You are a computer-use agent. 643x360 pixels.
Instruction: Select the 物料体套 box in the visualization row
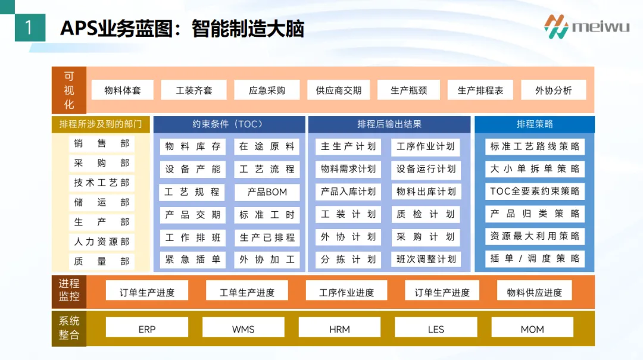(122, 90)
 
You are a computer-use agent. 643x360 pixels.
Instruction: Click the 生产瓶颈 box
(408, 90)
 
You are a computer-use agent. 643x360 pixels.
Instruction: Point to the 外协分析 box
(553, 90)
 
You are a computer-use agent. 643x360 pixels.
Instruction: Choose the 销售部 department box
(101, 143)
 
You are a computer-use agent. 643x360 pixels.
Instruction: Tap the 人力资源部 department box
(101, 242)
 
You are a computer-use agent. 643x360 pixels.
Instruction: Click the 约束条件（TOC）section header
(227, 124)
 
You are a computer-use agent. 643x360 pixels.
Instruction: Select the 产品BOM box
(267, 192)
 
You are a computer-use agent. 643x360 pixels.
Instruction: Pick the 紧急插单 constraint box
(192, 260)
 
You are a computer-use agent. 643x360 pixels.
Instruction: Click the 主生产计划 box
(348, 146)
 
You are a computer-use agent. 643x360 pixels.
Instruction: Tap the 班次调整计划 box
(426, 259)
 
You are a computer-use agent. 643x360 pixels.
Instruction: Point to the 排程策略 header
(534, 124)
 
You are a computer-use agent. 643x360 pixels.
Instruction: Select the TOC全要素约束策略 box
(534, 192)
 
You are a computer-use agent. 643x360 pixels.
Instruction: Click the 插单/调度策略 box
(534, 259)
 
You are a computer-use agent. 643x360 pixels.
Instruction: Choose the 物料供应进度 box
(534, 292)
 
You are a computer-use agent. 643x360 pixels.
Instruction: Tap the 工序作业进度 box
(346, 292)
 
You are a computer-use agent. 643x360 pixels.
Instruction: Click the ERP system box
(146, 329)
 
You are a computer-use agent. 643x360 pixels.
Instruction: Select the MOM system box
(532, 329)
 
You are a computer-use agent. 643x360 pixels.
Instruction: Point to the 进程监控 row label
(68, 290)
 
